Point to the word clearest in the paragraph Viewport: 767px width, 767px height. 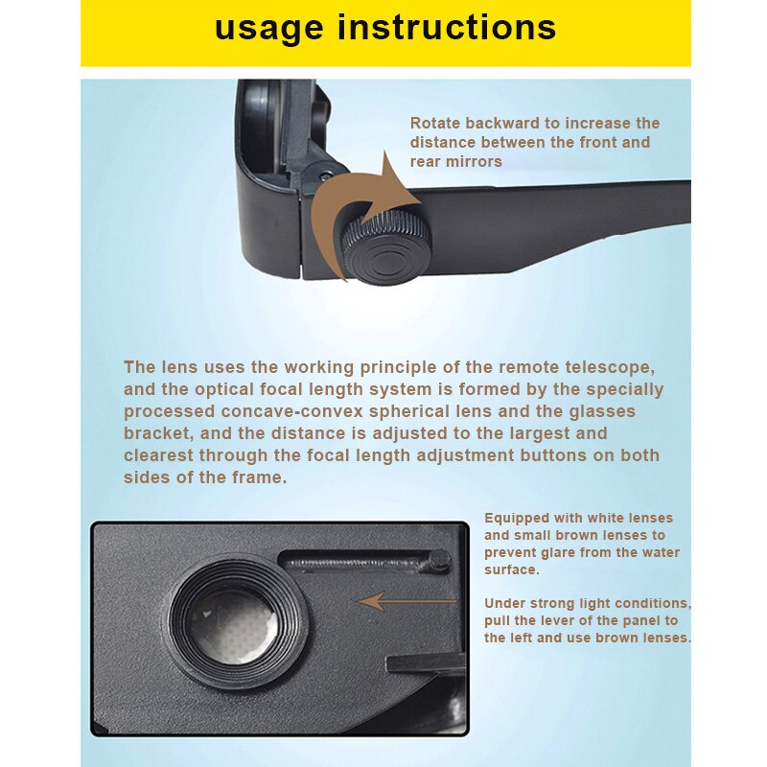click(158, 455)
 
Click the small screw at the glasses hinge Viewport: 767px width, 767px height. click(326, 176)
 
